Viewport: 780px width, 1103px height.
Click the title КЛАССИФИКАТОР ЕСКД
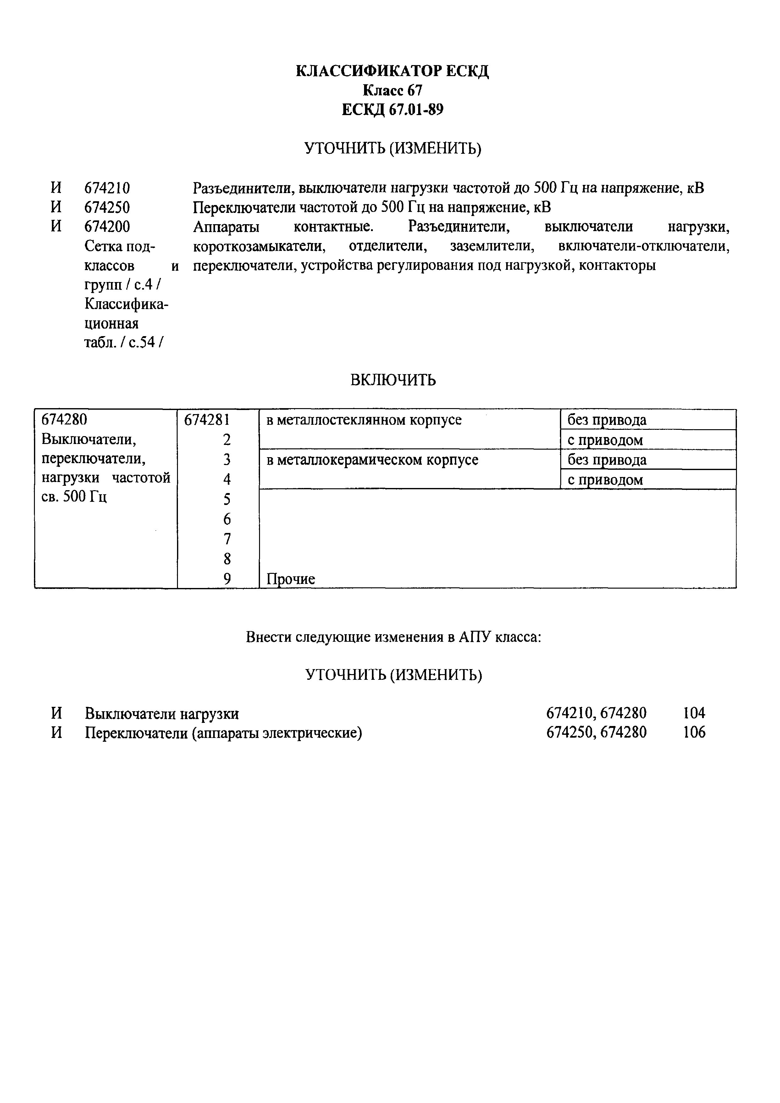(x=392, y=71)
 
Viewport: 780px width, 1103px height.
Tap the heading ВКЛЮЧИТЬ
(x=393, y=380)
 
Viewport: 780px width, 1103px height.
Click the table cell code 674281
(x=207, y=420)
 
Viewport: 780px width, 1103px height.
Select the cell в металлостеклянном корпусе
(x=363, y=420)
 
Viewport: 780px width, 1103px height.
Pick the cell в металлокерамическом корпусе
(x=372, y=460)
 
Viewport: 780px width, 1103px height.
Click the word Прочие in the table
(x=290, y=579)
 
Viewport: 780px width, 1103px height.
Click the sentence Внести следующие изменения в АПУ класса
(x=393, y=637)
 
